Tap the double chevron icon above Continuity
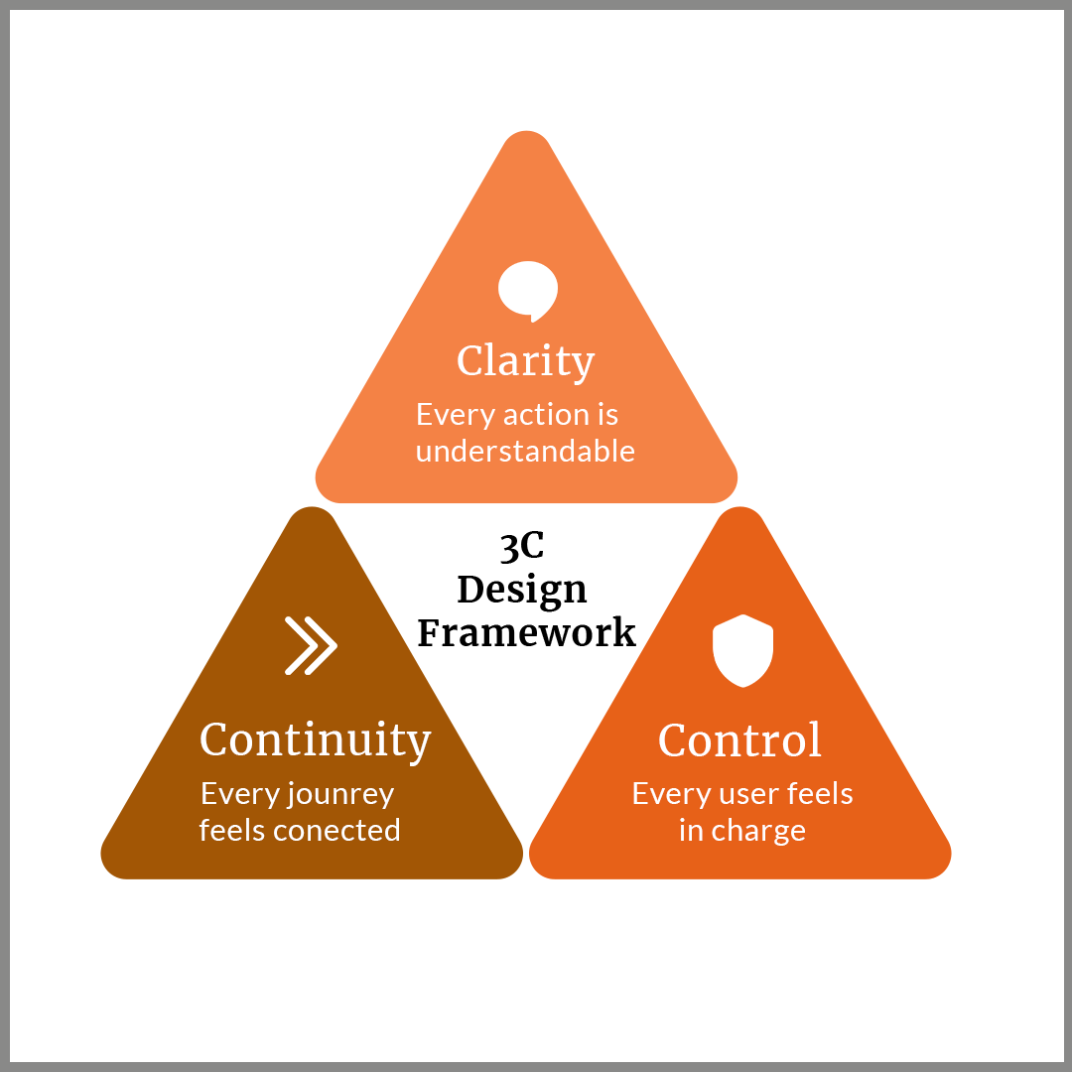(x=311, y=646)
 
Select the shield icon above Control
(x=742, y=651)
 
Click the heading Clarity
(x=525, y=361)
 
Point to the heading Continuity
(x=316, y=740)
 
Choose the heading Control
(x=740, y=740)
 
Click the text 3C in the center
(x=522, y=547)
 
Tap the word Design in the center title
(x=522, y=590)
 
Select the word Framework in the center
(x=526, y=632)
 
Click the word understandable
(x=525, y=452)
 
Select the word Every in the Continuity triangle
(x=232, y=795)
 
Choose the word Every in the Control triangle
(x=664, y=795)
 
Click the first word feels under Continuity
(x=230, y=830)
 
